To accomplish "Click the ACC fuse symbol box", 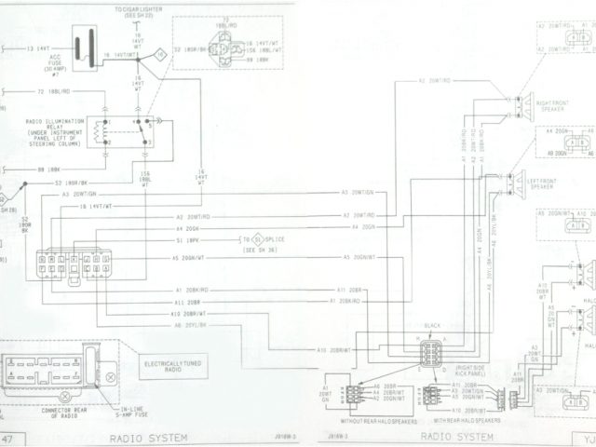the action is click(x=89, y=47).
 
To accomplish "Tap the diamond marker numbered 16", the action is click(x=160, y=56).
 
